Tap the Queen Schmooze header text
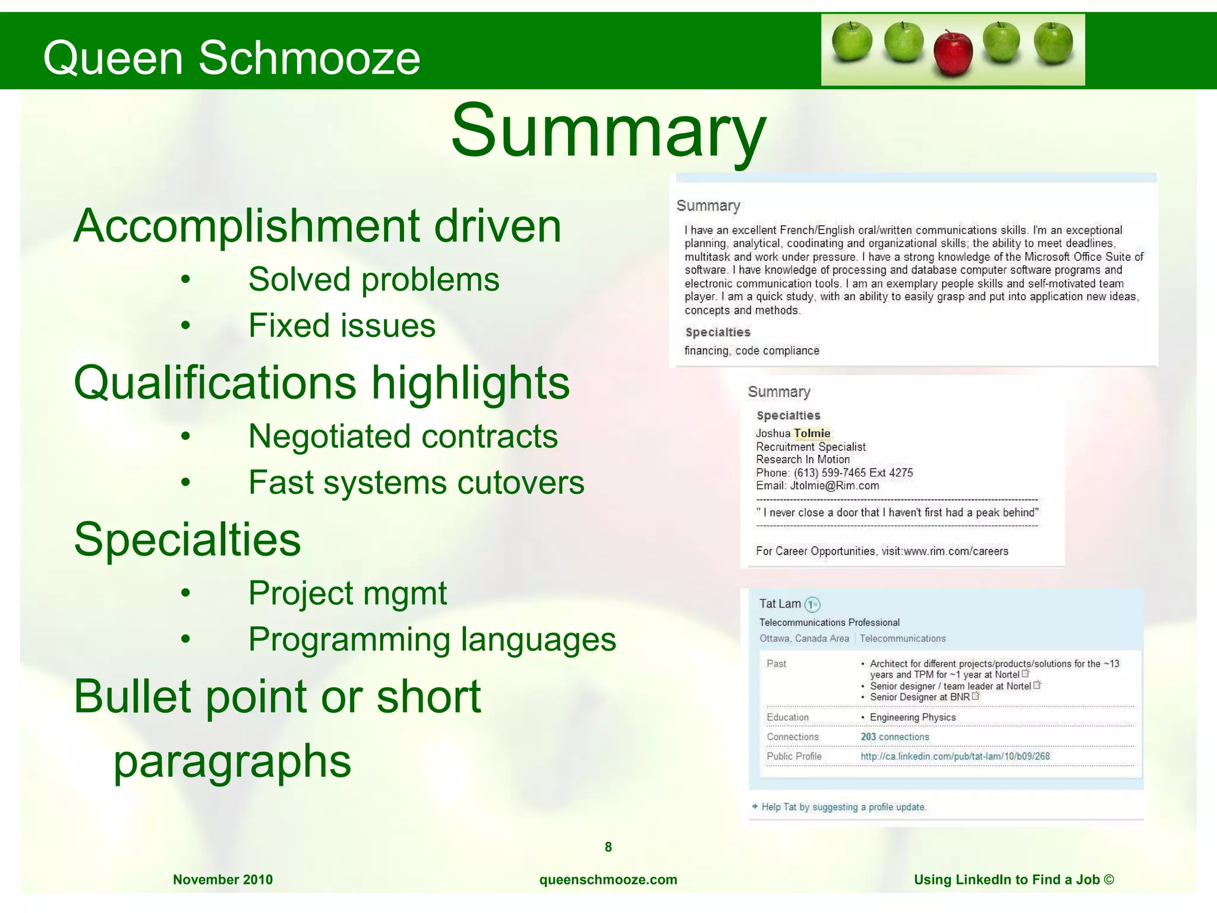tap(232, 58)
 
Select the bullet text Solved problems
tap(374, 279)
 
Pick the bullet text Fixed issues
tap(342, 326)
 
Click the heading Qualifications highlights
tap(321, 383)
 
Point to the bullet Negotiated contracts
tap(403, 436)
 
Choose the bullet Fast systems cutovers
tap(416, 483)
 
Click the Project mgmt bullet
tap(347, 593)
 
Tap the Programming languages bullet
tap(432, 640)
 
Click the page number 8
tap(608, 847)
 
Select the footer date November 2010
tap(223, 880)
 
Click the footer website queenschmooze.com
tap(608, 880)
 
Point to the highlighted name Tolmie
tap(812, 433)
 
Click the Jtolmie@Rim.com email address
tap(834, 486)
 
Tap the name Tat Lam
tap(780, 604)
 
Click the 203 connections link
tap(895, 737)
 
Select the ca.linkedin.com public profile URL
tap(955, 757)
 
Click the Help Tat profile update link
tap(843, 807)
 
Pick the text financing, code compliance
tap(752, 351)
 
